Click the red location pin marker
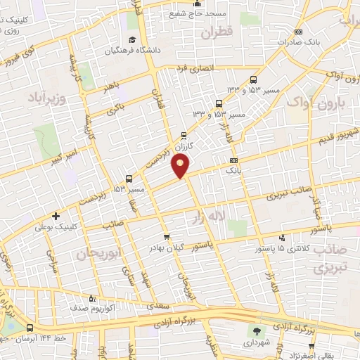[x=181, y=166]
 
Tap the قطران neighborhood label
[x=215, y=32]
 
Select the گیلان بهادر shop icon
[x=166, y=237]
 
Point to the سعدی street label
[x=156, y=307]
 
